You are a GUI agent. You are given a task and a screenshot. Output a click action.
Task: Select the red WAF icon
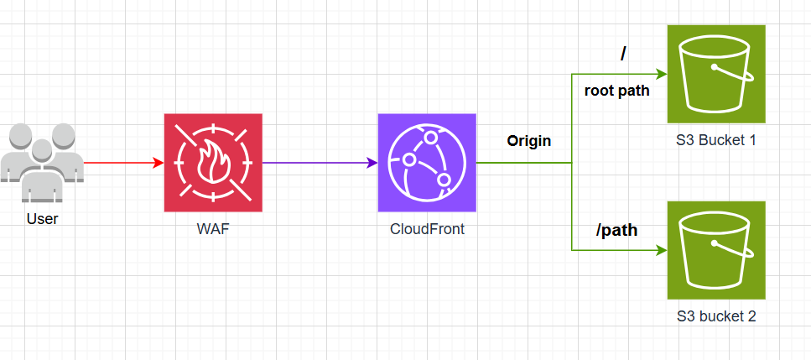[212, 163]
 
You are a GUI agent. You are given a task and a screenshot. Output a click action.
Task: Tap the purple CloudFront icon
[427, 163]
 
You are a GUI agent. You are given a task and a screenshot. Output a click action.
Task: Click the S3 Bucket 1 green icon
[716, 74]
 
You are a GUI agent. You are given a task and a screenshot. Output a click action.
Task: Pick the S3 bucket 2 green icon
[716, 250]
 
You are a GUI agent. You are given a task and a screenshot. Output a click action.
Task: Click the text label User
[42, 219]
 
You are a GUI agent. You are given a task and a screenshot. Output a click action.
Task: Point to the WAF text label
[212, 228]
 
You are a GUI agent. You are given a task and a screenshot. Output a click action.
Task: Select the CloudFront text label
[427, 228]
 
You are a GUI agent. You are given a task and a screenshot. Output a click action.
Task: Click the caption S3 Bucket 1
[716, 140]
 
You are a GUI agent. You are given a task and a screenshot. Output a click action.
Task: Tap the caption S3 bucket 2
[716, 316]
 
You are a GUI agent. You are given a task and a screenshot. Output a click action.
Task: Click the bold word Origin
[528, 141]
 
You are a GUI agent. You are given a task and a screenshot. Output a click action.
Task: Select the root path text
[616, 91]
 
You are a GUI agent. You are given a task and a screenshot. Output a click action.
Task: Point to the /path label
[616, 229]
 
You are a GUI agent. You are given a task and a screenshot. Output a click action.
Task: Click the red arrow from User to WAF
[122, 163]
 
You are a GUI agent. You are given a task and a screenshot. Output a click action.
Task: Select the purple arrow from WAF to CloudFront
[319, 163]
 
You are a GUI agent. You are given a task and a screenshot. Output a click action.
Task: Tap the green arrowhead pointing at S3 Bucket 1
[661, 75]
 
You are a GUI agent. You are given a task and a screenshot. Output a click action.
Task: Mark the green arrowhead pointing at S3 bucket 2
[661, 250]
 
